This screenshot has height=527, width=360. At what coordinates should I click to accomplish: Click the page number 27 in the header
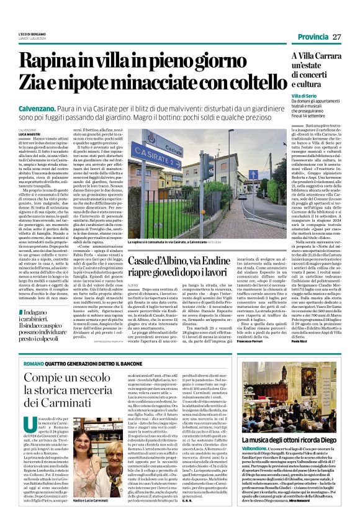[337, 37]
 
